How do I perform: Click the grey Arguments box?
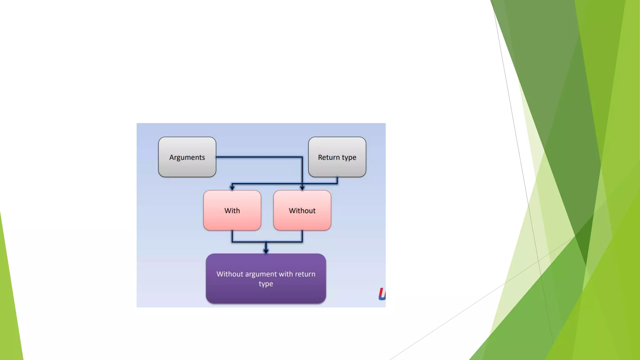pyautogui.click(x=187, y=157)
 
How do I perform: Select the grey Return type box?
pyautogui.click(x=337, y=157)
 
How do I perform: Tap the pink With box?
pyautogui.click(x=232, y=210)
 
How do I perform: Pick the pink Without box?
pyautogui.click(x=302, y=210)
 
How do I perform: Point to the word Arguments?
pyautogui.click(x=187, y=157)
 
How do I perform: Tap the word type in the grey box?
pyautogui.click(x=349, y=158)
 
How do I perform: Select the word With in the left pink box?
pyautogui.click(x=232, y=211)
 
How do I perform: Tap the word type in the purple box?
pyautogui.click(x=266, y=284)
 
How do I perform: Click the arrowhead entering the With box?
pyautogui.click(x=232, y=187)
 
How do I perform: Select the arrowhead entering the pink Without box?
pyautogui.click(x=302, y=187)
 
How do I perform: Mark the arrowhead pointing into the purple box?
pyautogui.click(x=266, y=250)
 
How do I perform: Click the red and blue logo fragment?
pyautogui.click(x=382, y=294)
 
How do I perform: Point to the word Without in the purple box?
pyautogui.click(x=230, y=274)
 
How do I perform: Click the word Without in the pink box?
pyautogui.click(x=302, y=211)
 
